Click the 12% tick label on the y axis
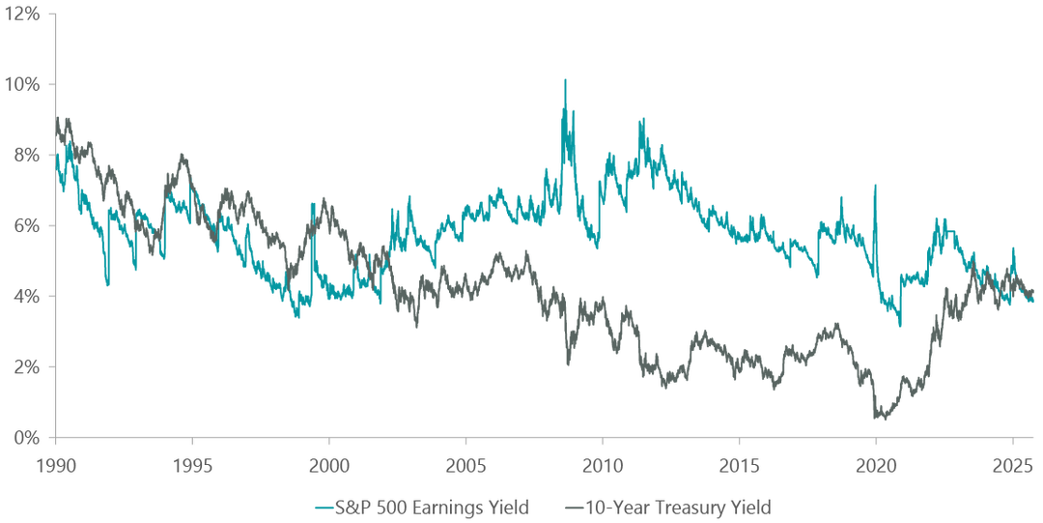click(24, 14)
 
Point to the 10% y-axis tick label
click(24, 84)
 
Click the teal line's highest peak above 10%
click(565, 79)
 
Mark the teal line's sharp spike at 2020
click(874, 185)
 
